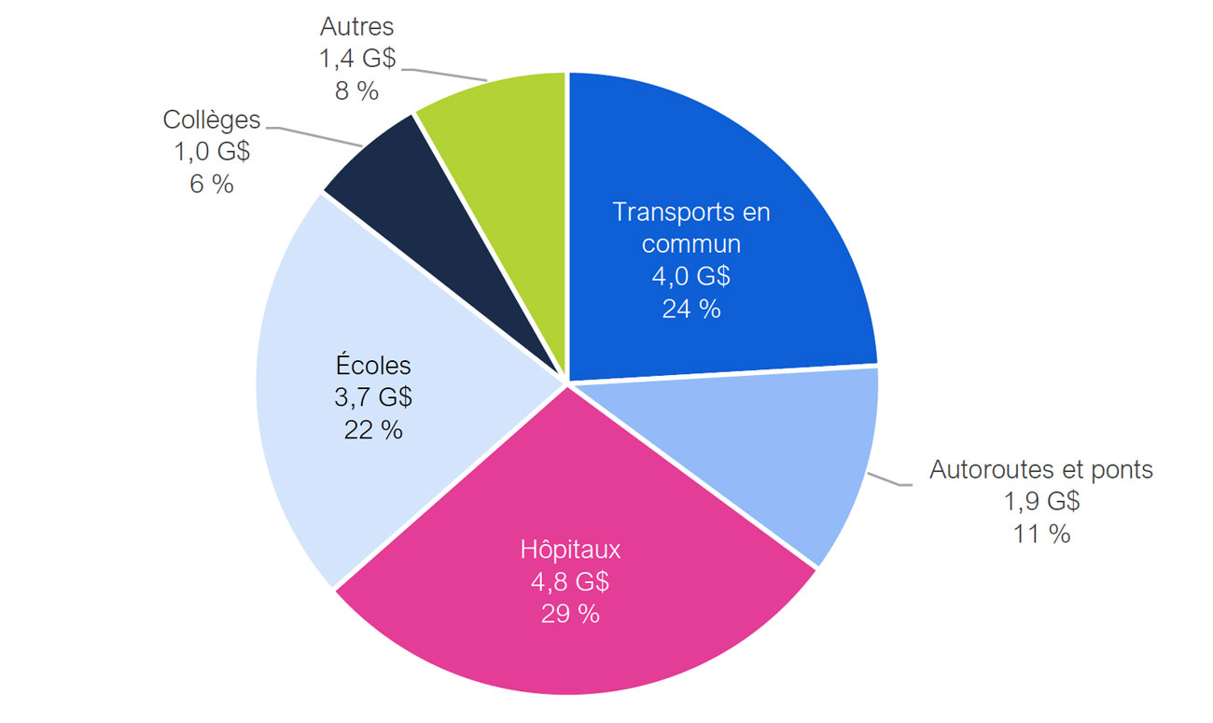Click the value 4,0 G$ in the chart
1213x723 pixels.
691,277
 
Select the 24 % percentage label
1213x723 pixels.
691,310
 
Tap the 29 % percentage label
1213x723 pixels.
570,614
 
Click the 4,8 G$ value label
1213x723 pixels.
570,582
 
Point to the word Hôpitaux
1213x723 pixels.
570,549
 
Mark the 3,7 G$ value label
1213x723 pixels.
373,398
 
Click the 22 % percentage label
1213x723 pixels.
373,430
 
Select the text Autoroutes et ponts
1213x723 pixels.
1041,469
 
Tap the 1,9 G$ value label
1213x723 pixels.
1041,502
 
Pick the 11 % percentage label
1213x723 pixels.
1041,535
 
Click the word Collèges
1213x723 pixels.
212,119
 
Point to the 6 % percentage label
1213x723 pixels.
212,185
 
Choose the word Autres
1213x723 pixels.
356,27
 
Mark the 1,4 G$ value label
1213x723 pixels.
356,60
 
